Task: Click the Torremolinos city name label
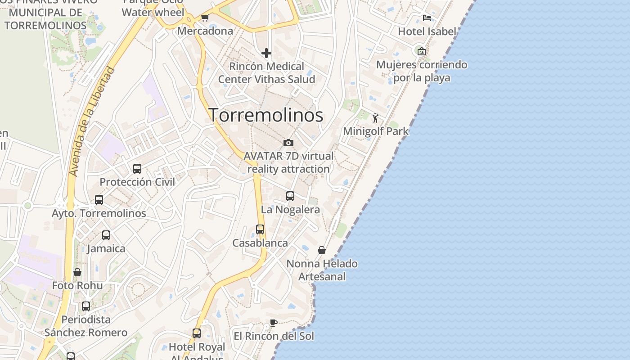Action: (265, 115)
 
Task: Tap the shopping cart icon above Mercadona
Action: (205, 18)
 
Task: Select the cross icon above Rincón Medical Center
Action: (266, 53)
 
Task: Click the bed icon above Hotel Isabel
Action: (427, 18)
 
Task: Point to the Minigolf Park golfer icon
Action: (375, 118)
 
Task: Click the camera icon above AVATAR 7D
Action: (288, 143)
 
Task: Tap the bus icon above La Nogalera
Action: (290, 196)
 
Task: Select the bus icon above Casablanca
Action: (260, 229)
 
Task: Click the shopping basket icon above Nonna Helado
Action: (322, 250)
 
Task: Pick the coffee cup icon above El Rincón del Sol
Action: (273, 323)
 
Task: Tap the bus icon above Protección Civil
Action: (137, 169)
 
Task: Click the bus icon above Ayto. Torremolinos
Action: (99, 200)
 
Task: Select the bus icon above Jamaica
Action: (106, 235)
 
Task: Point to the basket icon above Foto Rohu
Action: (77, 272)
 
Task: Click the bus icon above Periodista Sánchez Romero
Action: (86, 306)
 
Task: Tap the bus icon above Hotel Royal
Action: (197, 333)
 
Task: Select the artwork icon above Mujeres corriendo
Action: (421, 51)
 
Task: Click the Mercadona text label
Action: (205, 31)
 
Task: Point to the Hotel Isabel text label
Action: (427, 31)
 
